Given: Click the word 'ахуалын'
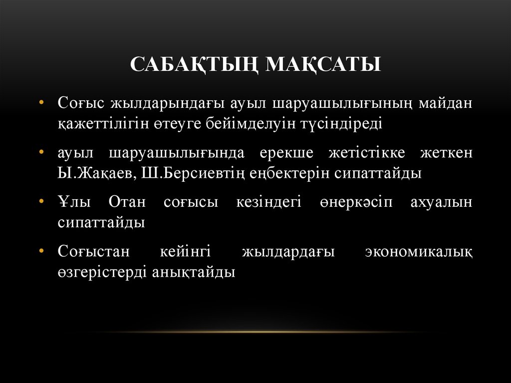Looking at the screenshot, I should [441, 202].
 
